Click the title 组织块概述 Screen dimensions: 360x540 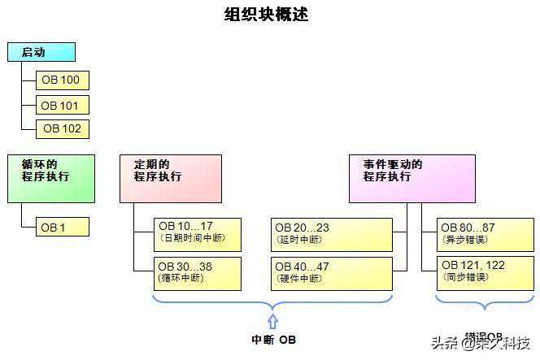tap(266, 15)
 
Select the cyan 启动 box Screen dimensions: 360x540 tap(41, 53)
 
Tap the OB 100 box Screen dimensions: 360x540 tap(63, 80)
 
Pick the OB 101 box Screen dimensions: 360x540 tap(63, 105)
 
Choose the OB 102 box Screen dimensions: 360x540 tap(63, 128)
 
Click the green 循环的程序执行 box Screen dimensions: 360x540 tap(51, 179)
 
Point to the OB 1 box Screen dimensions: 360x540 tap(63, 228)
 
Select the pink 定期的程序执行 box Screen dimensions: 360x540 tap(171, 179)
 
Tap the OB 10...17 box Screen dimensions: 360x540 tap(198, 233)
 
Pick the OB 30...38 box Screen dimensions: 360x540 tap(198, 273)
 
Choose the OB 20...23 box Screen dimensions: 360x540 tap(332, 233)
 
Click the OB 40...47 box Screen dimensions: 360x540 tap(332, 273)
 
